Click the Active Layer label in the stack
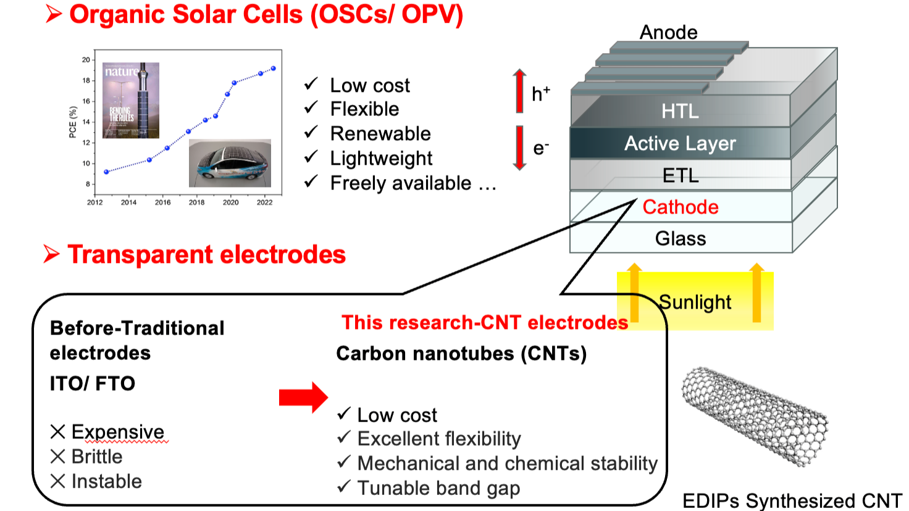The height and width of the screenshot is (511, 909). [680, 143]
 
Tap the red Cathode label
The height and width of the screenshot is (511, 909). [681, 207]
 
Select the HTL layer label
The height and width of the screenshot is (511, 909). [680, 111]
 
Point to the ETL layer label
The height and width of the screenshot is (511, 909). [681, 176]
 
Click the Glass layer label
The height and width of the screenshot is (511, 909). [681, 238]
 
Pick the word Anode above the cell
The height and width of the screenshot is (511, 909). [668, 32]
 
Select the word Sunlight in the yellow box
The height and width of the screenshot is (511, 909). [695, 302]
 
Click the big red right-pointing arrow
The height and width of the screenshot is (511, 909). [303, 397]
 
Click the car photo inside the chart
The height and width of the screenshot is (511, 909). [230, 163]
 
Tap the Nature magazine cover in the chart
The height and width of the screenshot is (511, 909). [131, 100]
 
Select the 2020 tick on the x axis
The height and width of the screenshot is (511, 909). [230, 202]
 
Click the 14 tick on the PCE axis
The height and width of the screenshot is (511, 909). [86, 122]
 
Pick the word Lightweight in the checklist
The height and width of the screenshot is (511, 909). [381, 159]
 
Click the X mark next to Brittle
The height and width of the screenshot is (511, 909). [57, 457]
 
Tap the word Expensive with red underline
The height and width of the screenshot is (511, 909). [118, 432]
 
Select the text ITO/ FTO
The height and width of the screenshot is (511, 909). [93, 383]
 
